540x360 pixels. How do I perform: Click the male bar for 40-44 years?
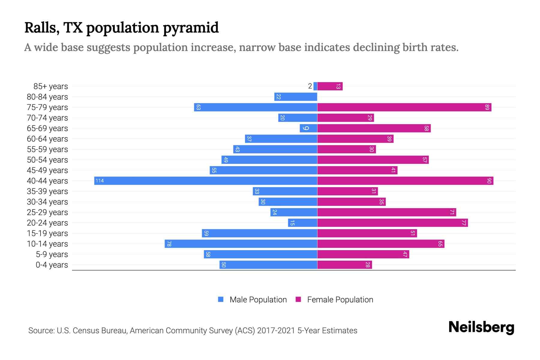coord(206,181)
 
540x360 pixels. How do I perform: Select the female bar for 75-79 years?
coord(404,107)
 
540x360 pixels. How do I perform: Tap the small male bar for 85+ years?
coord(315,86)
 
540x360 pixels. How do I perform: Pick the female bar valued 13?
coord(330,86)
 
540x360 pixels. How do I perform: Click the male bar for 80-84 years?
coord(296,97)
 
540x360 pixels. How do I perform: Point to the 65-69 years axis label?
coord(47,128)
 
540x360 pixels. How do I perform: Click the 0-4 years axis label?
coord(52,265)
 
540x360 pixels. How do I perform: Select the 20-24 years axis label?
coord(47,223)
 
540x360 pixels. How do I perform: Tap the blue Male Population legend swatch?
coord(221,299)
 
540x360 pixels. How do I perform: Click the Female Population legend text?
coord(340,299)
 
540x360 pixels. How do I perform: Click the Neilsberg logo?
coord(481,327)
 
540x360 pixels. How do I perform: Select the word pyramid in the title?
coord(191,28)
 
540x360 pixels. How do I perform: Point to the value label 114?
coord(100,181)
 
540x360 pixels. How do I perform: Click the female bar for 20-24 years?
coord(392,223)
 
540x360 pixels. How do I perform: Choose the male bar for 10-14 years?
coord(241,244)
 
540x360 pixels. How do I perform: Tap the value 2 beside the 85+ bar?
coord(310,86)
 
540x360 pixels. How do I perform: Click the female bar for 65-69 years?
coord(374,128)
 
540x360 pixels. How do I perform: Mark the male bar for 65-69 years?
coord(308,128)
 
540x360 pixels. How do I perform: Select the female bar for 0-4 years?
coord(344,265)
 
